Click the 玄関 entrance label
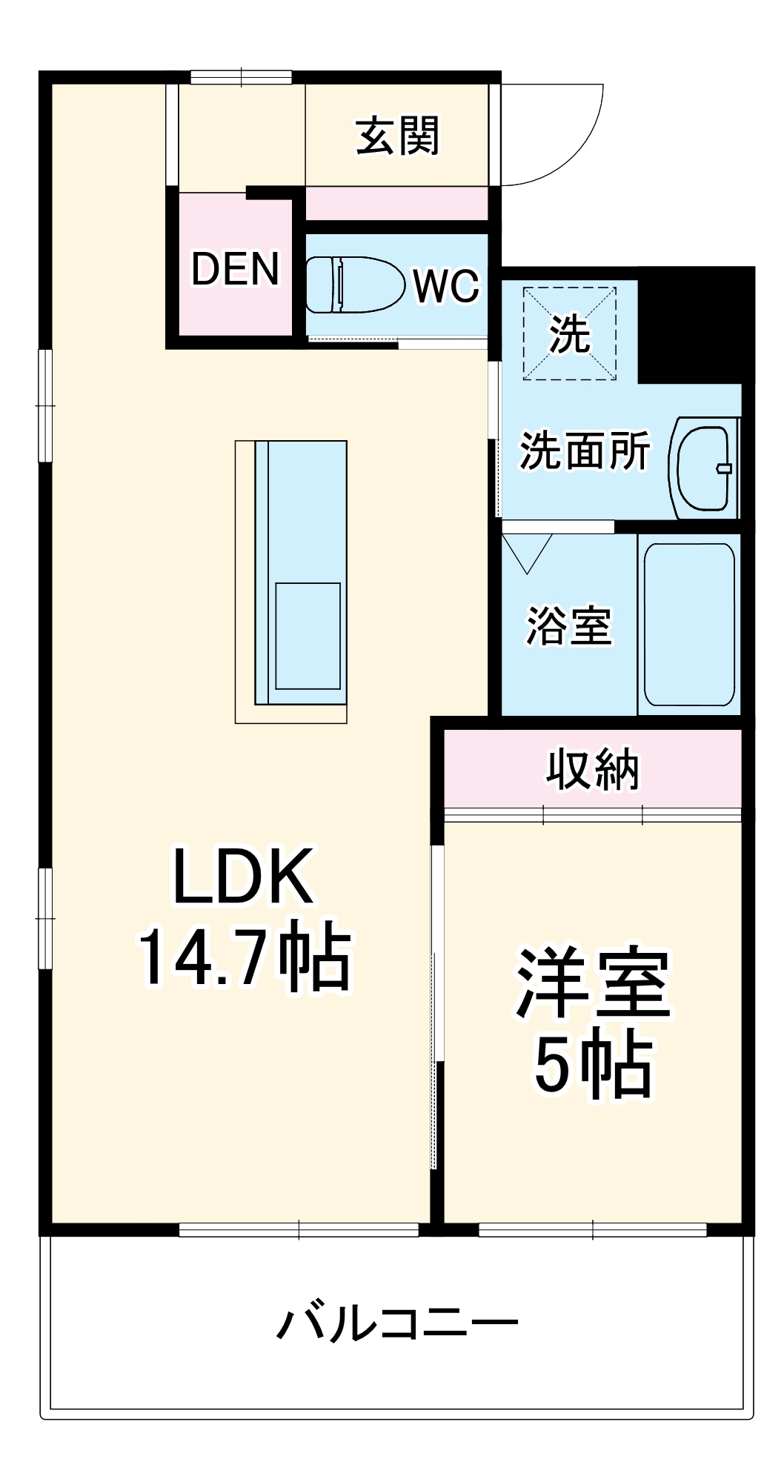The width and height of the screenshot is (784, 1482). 398,136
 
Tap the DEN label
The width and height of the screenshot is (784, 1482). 235,268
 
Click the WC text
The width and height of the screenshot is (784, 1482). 447,285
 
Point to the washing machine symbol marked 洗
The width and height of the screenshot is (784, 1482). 569,334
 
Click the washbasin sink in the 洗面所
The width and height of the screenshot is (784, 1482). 702,468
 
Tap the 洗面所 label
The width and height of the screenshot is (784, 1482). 584,451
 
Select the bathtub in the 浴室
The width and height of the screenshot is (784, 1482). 689,624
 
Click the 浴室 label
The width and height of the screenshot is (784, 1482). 568,626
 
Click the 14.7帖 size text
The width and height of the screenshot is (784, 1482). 245,956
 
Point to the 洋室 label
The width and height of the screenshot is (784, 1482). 593,984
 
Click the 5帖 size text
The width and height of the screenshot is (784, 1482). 593,1065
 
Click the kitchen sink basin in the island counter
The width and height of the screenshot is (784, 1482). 308,635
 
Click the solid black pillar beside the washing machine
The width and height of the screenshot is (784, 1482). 693,323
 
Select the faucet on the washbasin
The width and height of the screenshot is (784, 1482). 724,468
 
